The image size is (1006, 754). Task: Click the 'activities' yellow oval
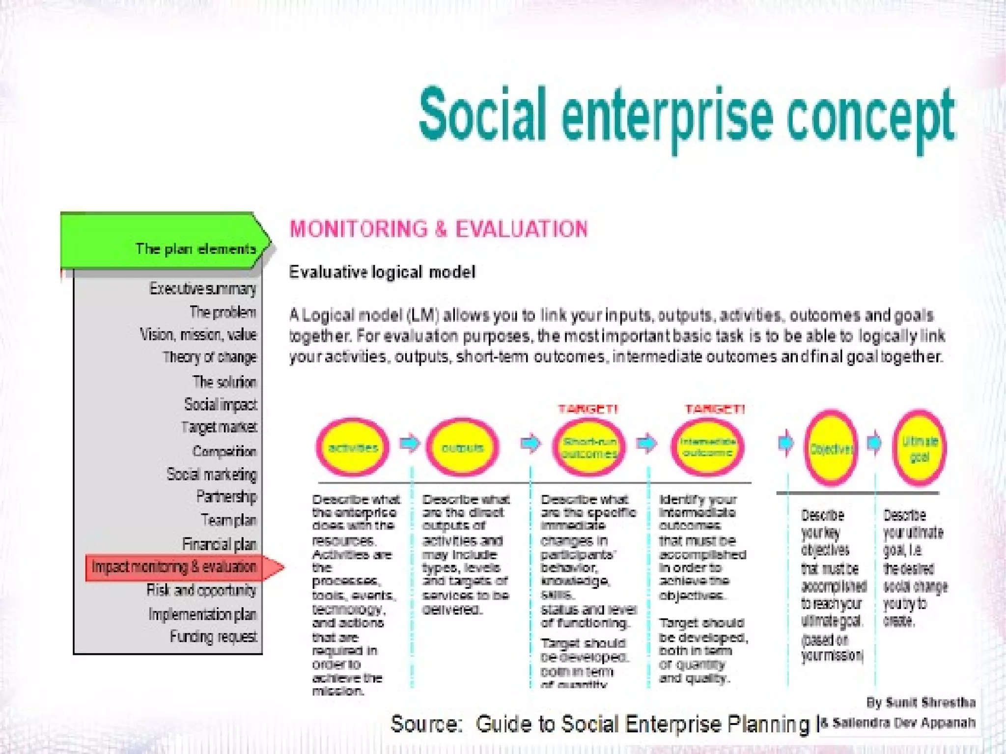click(353, 447)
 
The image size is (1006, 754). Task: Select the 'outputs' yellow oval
click(462, 447)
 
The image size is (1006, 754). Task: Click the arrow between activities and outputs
click(409, 444)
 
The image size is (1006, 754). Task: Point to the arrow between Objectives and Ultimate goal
click(874, 443)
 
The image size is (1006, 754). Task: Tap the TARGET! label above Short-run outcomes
click(588, 409)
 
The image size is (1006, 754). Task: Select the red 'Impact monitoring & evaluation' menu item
click(174, 567)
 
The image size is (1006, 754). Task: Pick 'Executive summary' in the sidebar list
click(202, 289)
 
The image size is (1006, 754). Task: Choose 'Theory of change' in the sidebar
click(210, 357)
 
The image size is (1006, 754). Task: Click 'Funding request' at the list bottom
click(213, 637)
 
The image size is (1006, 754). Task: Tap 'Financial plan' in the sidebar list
click(219, 544)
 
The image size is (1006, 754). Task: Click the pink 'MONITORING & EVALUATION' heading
click(438, 229)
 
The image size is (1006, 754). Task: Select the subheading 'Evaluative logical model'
click(382, 272)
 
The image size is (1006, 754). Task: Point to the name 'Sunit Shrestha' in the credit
click(930, 702)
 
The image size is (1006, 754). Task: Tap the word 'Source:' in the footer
click(426, 724)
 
